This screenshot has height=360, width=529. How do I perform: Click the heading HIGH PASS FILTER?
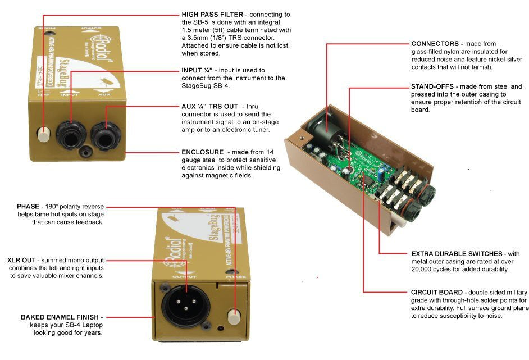click(212, 13)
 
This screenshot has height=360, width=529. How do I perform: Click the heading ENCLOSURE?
click(202, 152)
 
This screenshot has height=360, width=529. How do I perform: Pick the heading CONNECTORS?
click(435, 43)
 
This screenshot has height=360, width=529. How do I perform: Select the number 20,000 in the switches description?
click(425, 270)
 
